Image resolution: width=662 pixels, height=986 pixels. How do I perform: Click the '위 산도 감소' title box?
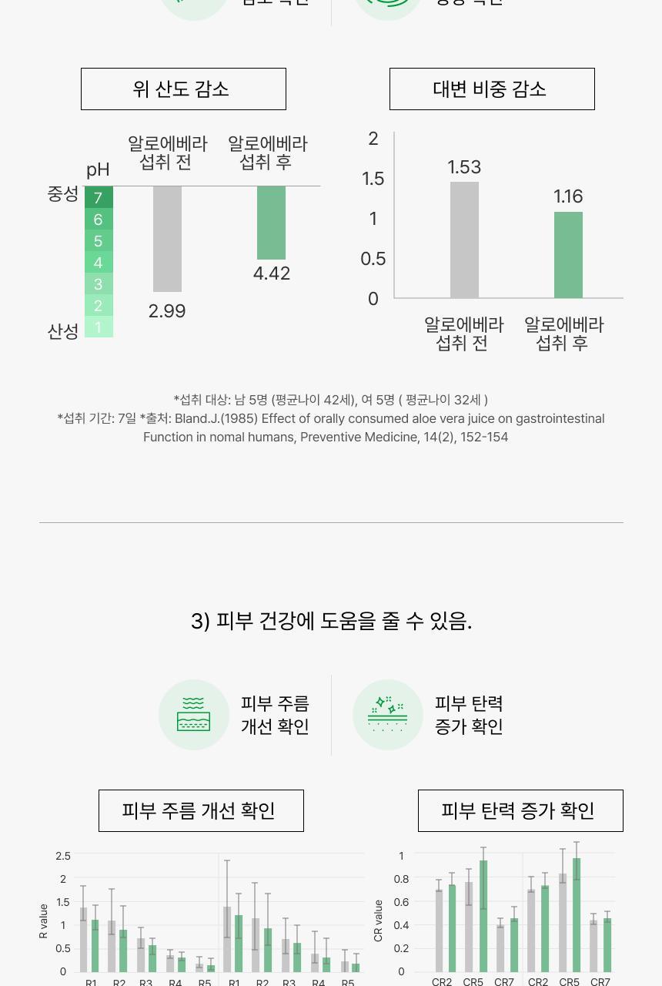coord(183,89)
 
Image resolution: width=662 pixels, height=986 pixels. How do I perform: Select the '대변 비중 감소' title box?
coord(491,89)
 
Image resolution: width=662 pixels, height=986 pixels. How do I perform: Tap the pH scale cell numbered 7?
coord(99,198)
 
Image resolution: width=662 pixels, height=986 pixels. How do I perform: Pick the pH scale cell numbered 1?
coord(99,327)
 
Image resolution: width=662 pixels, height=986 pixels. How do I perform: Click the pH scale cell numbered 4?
coord(99,263)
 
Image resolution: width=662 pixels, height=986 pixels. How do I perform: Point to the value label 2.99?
coord(167,311)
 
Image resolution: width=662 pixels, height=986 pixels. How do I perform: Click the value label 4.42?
coord(271,273)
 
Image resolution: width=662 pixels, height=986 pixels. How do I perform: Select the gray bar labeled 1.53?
coord(464,240)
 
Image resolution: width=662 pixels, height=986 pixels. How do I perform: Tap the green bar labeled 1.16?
coord(568,254)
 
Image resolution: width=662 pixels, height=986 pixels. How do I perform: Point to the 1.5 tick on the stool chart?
coord(373,179)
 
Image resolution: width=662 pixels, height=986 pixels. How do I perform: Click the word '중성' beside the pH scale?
coord(63,194)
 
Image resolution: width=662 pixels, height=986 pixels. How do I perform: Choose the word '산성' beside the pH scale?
coord(63,331)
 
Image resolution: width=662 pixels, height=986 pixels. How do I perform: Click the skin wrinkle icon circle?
coord(194,715)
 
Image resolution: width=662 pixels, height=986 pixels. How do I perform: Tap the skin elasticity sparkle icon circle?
coord(388,715)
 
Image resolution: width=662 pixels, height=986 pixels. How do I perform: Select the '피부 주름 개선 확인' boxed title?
coord(201,810)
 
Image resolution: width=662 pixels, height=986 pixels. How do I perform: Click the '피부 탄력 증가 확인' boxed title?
coord(520,810)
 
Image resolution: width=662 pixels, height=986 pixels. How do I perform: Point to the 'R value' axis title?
coord(44,921)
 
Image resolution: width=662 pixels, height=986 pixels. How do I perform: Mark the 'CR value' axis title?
coord(378,921)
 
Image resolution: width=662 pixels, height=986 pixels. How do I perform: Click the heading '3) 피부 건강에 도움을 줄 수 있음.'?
coord(331,621)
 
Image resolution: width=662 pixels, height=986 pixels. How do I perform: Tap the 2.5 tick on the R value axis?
coord(63,856)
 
